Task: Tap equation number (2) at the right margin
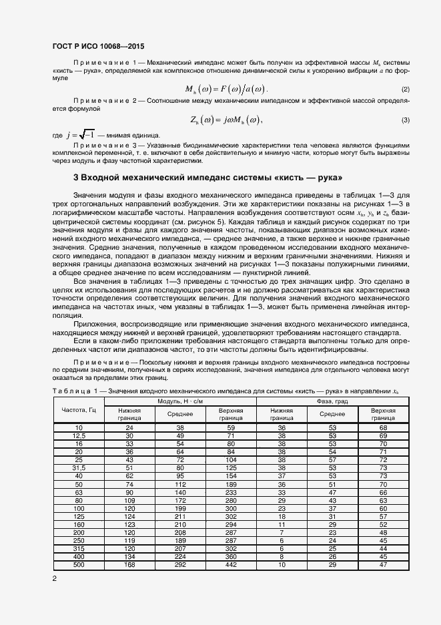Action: point(405,89)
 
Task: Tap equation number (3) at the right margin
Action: point(405,120)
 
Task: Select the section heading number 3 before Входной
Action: point(75,178)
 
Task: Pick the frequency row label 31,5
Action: point(79,468)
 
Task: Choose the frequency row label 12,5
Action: point(79,435)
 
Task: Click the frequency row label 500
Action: point(79,565)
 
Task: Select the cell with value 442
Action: point(232,565)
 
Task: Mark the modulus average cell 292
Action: point(179,565)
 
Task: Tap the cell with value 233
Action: point(232,492)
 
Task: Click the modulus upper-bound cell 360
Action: point(232,557)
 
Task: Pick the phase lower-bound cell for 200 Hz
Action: point(282,532)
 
